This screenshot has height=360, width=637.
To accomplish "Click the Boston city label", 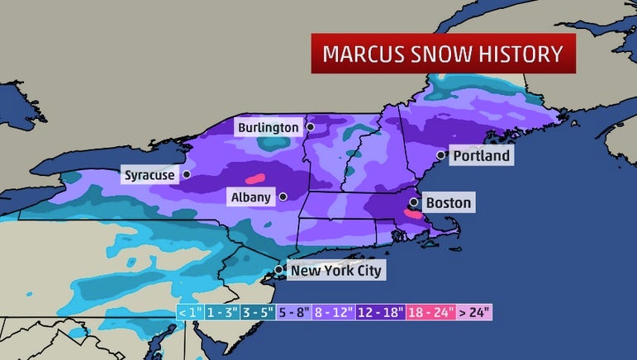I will (448, 202).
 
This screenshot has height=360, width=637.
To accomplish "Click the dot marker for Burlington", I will (310, 127).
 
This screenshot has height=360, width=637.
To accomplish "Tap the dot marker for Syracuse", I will (187, 174).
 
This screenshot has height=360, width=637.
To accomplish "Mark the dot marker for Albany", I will (283, 197).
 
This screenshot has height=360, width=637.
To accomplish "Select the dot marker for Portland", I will (440, 154).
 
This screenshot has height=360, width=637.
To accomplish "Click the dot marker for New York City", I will (280, 270).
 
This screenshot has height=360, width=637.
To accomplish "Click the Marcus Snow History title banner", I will (442, 54).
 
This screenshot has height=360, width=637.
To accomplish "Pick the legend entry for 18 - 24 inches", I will (430, 314).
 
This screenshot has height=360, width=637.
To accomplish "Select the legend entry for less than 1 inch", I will (188, 314).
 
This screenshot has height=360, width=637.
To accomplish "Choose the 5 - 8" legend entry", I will (293, 314).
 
